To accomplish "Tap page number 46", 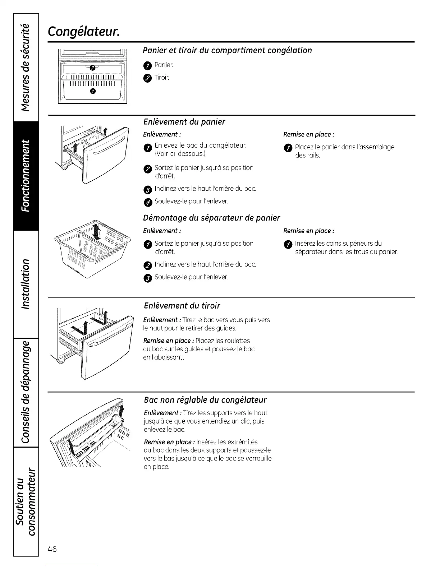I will [52, 549].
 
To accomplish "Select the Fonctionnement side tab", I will [26, 176].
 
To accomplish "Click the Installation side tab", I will [26, 284].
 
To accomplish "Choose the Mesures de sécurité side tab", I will [26, 67].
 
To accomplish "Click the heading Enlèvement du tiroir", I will [182, 306].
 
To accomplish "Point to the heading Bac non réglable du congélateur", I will [205, 400].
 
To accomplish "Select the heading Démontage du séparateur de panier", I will [211, 218].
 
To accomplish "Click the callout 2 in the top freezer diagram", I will [92, 68].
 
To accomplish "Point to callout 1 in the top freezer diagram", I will [93, 91].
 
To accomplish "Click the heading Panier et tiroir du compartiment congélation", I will [227, 50].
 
